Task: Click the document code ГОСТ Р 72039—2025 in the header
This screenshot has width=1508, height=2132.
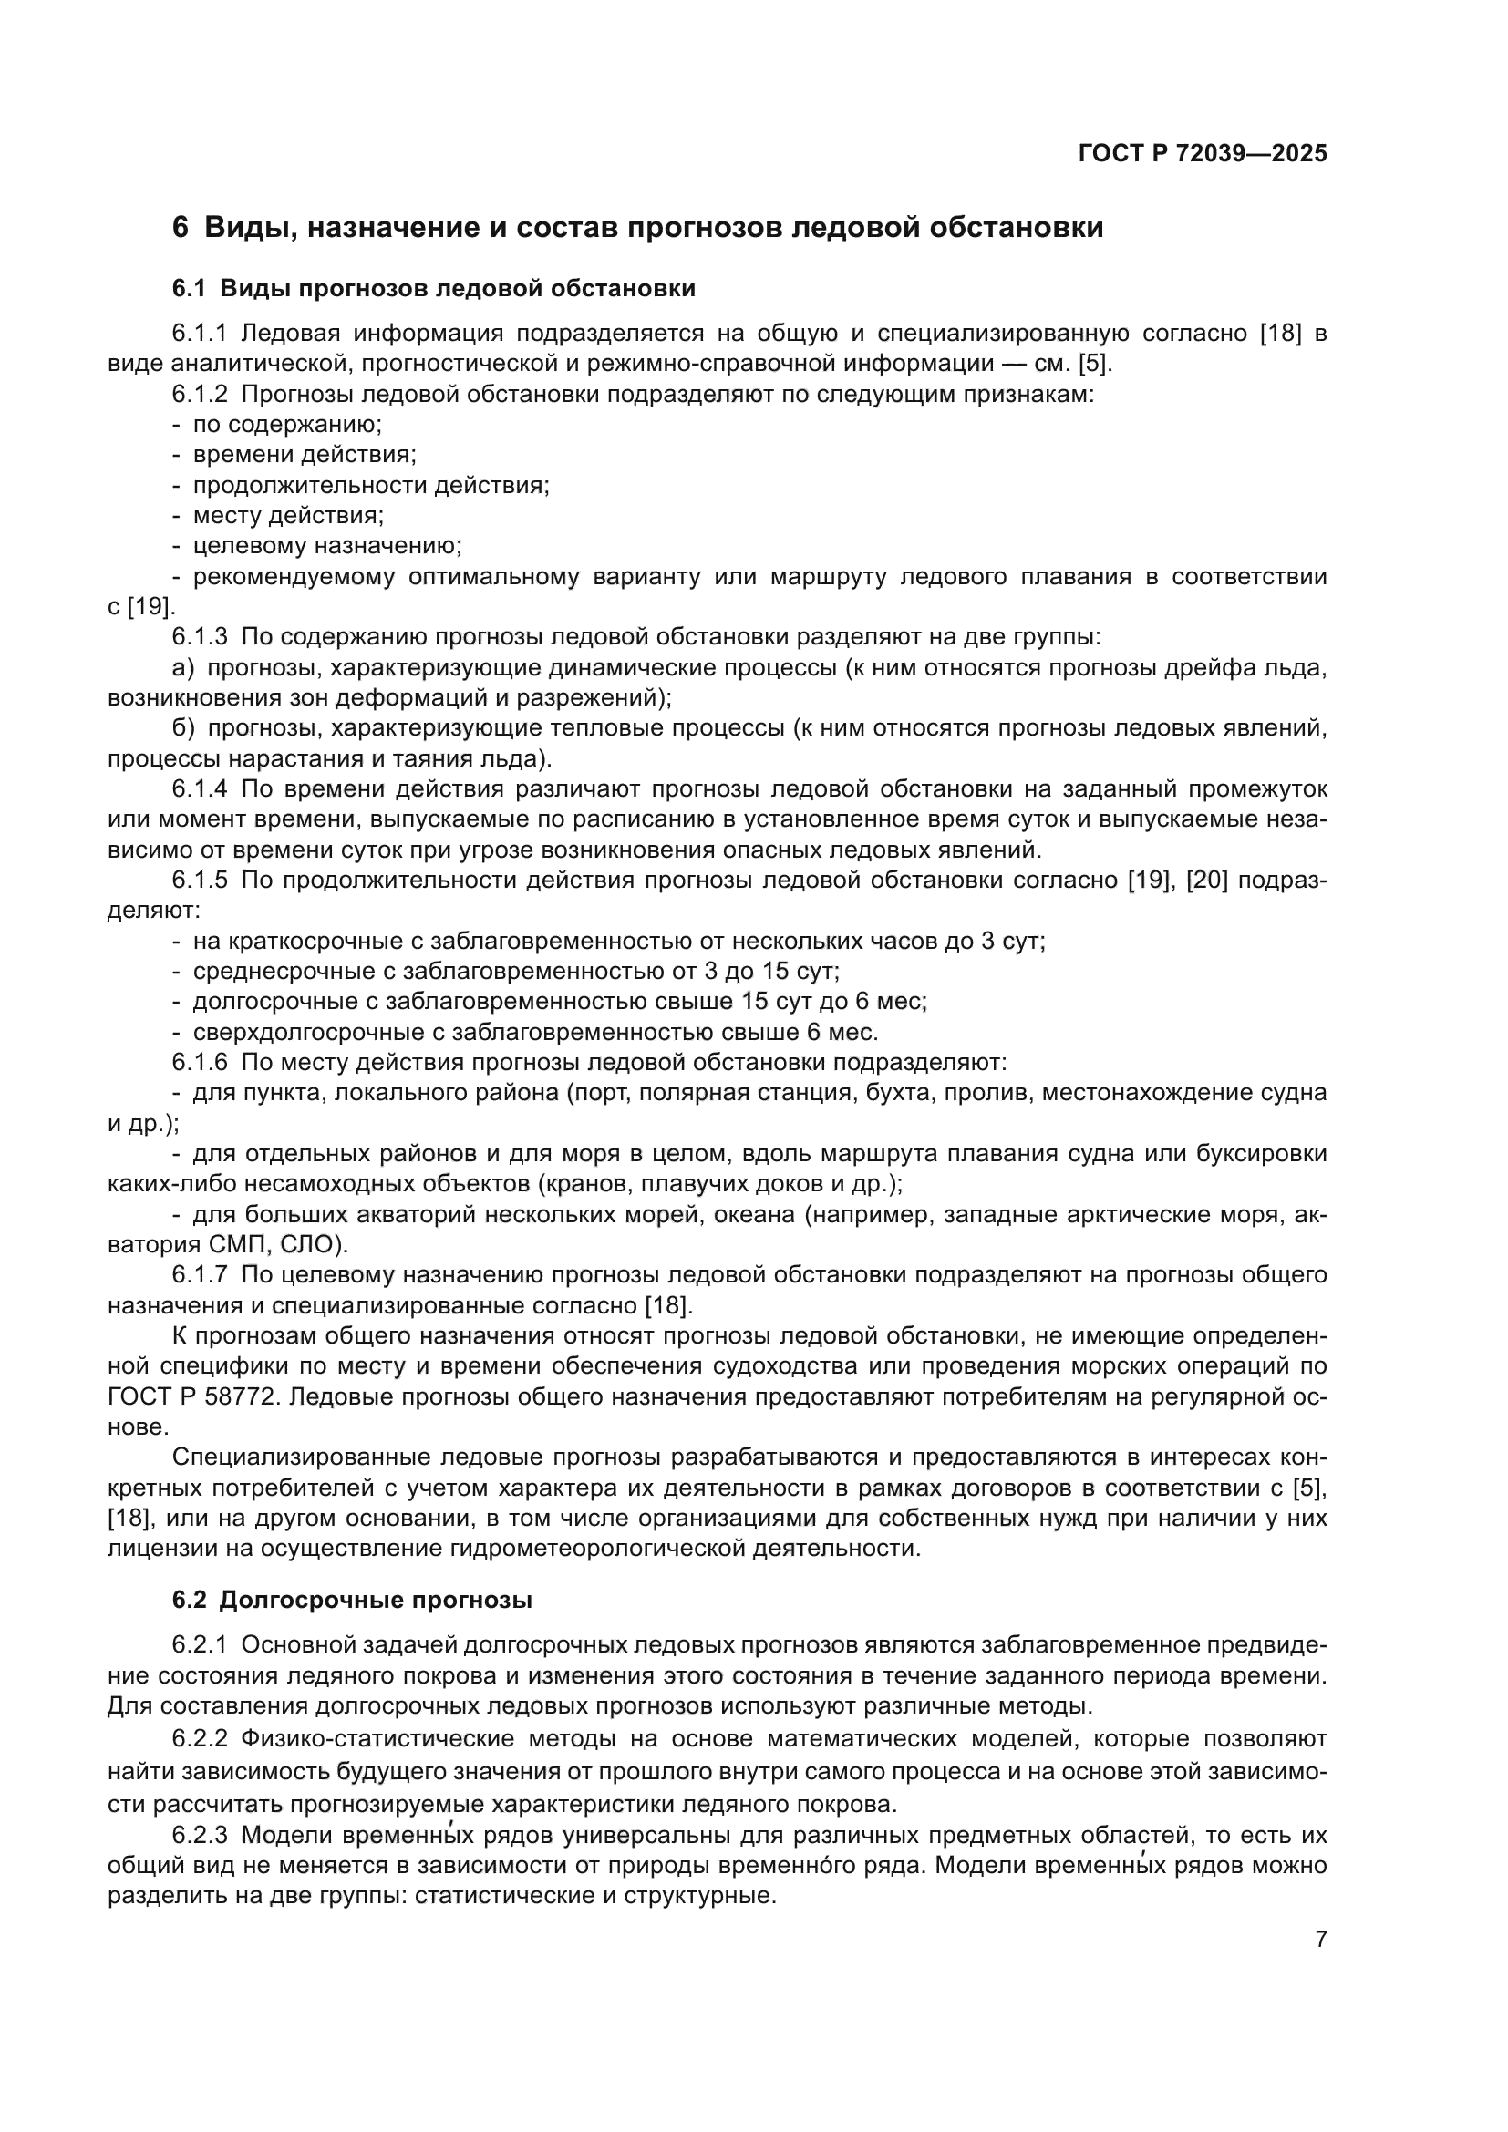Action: click(x=1203, y=154)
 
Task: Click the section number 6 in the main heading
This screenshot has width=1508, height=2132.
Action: click(x=181, y=228)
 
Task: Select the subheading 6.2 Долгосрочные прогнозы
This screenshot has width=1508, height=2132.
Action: click(x=352, y=1600)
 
